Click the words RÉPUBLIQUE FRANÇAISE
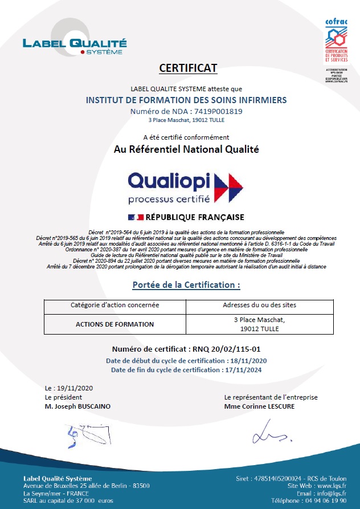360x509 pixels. [195, 217]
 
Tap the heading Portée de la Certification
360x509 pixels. [186, 284]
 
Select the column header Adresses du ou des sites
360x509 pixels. [259, 306]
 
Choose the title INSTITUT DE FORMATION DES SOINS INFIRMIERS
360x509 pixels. [186, 100]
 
